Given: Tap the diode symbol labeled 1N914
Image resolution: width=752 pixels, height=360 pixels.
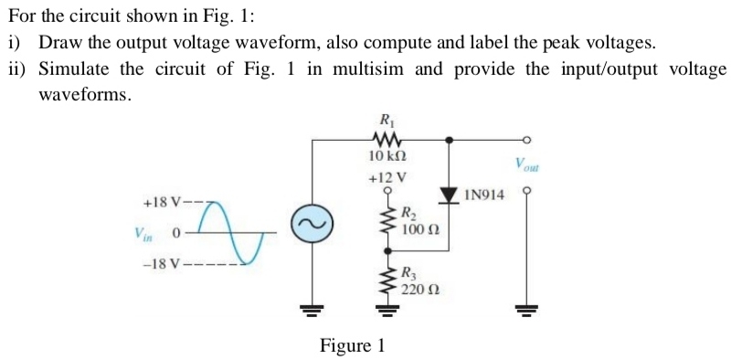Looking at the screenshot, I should tap(449, 195).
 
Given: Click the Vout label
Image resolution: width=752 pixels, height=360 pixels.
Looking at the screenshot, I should tap(527, 165).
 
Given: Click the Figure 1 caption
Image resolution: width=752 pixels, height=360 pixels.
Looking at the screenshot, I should tap(352, 345).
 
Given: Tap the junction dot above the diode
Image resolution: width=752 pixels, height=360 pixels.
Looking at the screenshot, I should tap(449, 141).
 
